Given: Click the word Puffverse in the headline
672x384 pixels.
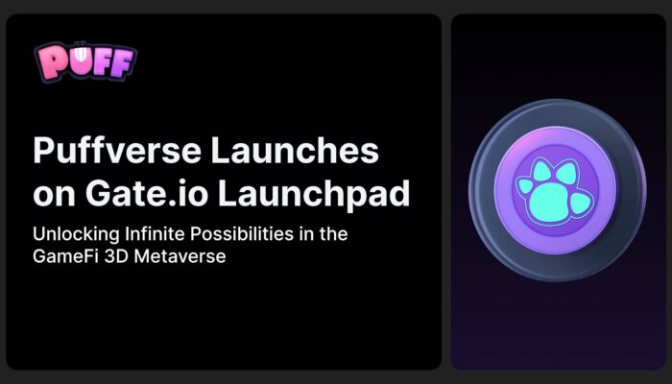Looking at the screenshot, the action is tap(117, 150).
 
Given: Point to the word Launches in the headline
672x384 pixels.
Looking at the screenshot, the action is tap(295, 150).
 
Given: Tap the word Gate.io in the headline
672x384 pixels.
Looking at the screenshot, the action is tap(148, 194).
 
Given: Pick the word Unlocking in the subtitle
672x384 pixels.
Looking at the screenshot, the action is tap(76, 235).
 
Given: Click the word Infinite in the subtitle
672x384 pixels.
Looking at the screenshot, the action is tap(156, 234).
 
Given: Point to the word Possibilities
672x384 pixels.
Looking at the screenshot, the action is tap(242, 234).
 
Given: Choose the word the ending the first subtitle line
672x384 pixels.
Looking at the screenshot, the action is tap(332, 234).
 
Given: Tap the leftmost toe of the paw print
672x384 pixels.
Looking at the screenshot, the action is tap(525, 186).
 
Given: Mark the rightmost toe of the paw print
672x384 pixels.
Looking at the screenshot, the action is tap(581, 203).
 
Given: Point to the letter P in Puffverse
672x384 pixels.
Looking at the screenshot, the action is tap(43, 150).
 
